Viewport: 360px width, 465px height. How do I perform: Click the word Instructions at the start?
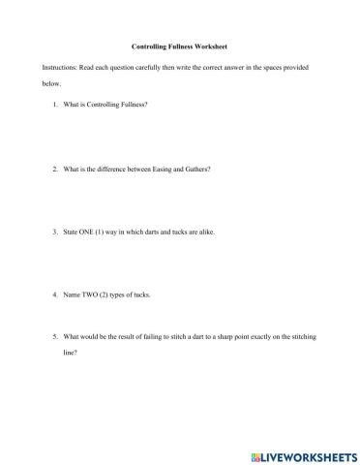tap(60, 76)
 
